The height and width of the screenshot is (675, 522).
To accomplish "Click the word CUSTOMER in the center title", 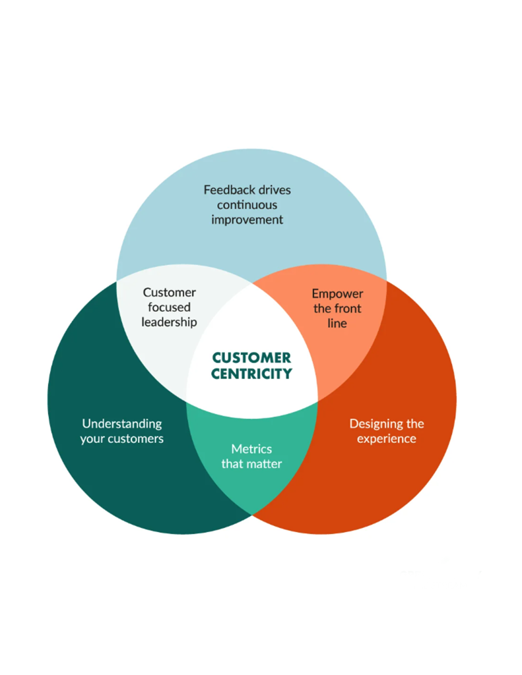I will [x=251, y=358].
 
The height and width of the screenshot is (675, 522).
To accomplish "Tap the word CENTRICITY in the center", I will [x=251, y=374].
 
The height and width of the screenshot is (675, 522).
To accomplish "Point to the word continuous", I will [x=247, y=204].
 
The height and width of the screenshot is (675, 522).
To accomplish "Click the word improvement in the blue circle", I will [x=247, y=220].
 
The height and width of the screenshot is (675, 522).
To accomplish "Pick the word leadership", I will [x=169, y=322].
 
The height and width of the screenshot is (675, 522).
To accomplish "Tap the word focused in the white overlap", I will [x=169, y=307].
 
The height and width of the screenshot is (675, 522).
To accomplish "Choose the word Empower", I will [x=337, y=293].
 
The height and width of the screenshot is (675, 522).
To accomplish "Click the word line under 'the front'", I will [x=337, y=323].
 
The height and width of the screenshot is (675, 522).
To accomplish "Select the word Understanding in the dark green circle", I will [x=121, y=423].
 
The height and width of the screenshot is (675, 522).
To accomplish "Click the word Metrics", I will [x=251, y=449].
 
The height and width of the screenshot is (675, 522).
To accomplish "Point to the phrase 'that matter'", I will [x=251, y=464].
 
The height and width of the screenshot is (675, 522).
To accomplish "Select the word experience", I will [x=386, y=438].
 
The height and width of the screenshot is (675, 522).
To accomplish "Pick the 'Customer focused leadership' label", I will [x=169, y=307].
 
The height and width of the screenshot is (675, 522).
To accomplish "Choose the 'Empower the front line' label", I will [x=337, y=308].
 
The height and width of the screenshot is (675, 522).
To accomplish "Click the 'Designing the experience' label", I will [x=386, y=430].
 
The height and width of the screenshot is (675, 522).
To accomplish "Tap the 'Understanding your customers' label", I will [x=121, y=430].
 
